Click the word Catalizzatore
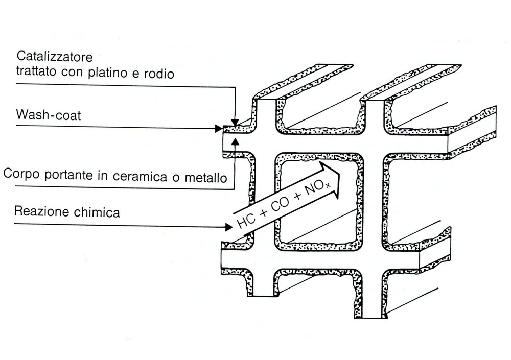point(54,56)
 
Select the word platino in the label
point(123,73)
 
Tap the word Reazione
point(40,211)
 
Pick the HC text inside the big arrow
point(245,219)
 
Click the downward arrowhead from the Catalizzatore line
point(234,122)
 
